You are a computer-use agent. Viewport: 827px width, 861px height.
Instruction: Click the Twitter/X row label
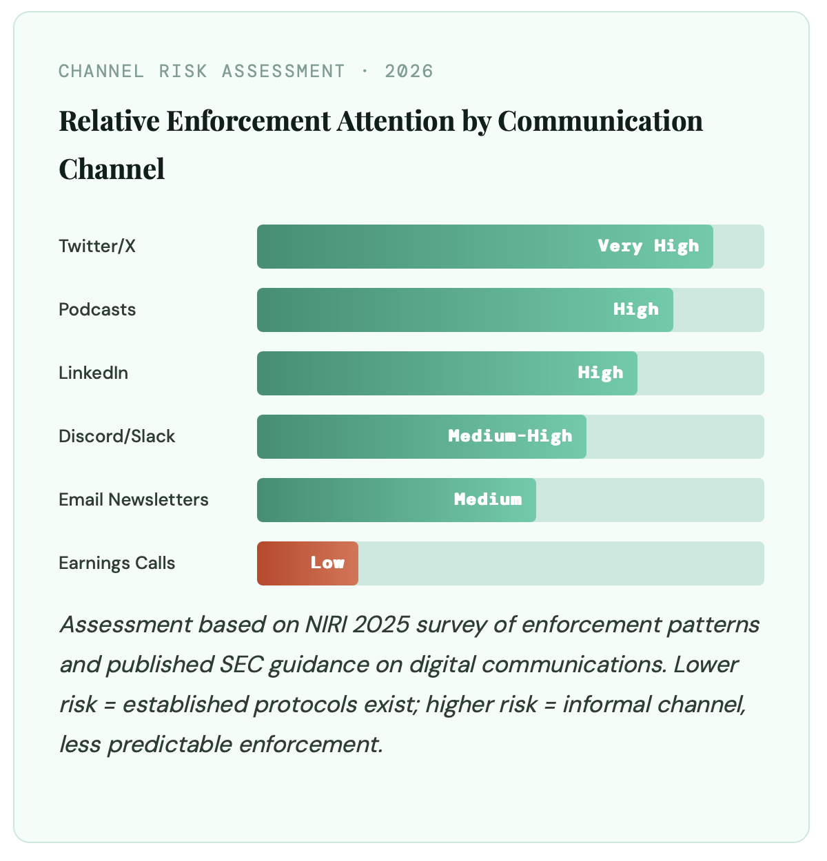(97, 246)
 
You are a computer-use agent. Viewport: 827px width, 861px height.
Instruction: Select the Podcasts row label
(97, 309)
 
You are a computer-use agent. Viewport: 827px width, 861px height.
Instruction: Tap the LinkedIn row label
(93, 373)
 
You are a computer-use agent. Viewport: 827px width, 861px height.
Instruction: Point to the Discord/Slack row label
(116, 436)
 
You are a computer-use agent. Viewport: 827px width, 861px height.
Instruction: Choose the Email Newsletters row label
(133, 499)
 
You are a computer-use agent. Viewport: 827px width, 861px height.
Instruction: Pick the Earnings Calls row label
(116, 563)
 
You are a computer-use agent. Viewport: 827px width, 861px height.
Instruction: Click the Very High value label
(648, 246)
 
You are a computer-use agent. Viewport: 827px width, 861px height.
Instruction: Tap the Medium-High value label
(510, 436)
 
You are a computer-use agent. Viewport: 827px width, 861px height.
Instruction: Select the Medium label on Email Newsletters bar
(487, 499)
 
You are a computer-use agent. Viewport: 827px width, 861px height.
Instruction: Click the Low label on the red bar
(327, 563)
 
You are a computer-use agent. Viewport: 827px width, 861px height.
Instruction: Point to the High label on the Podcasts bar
(635, 309)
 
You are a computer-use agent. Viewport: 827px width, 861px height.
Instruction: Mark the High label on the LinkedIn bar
(600, 373)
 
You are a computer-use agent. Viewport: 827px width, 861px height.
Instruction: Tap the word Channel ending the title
(112, 169)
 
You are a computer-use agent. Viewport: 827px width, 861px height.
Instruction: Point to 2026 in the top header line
(409, 71)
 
